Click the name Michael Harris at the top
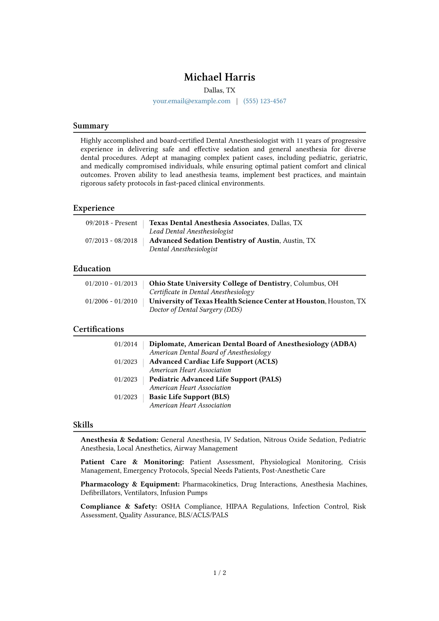pyautogui.click(x=219, y=77)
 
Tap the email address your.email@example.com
pyautogui.click(x=191, y=101)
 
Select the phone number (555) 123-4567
pyautogui.click(x=265, y=101)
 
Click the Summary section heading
pyautogui.click(x=91, y=126)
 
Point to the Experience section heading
pyautogui.click(x=94, y=208)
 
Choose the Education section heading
pyautogui.click(x=92, y=269)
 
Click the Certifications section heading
pyautogui.click(x=98, y=329)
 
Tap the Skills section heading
pyautogui.click(x=83, y=425)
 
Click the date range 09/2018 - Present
pyautogui.click(x=111, y=223)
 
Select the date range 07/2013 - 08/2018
pyautogui.click(x=111, y=241)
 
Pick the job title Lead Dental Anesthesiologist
pyautogui.click(x=191, y=231)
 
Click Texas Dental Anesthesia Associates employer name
pyautogui.click(x=208, y=223)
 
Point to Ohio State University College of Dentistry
pyautogui.click(x=219, y=283)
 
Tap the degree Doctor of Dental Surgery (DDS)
pyautogui.click(x=196, y=310)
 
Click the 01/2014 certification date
pyautogui.click(x=126, y=344)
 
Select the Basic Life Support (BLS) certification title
pyautogui.click(x=189, y=397)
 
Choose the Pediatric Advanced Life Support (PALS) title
pyautogui.click(x=215, y=379)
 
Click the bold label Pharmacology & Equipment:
pyautogui.click(x=130, y=484)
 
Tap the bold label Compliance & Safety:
pyautogui.click(x=119, y=507)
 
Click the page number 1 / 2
pyautogui.click(x=219, y=573)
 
